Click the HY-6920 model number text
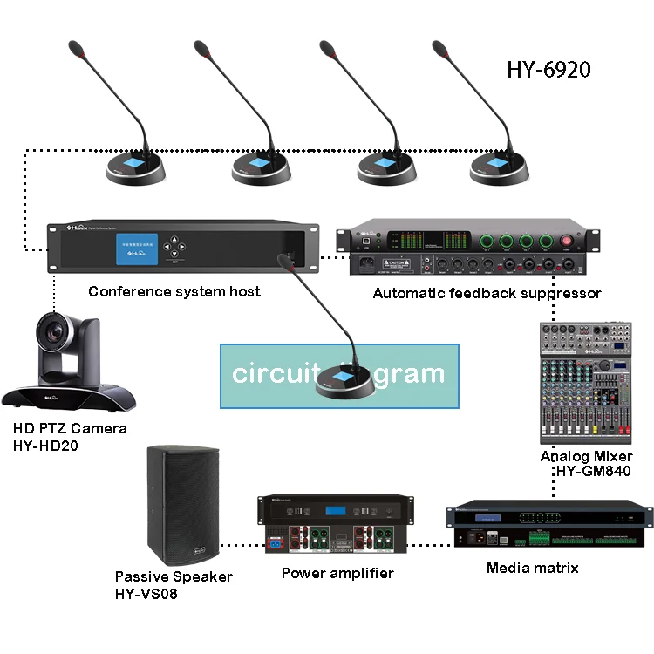[x=548, y=70]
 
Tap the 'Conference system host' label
[x=174, y=291]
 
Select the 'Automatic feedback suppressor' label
[x=487, y=293]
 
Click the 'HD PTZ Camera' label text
[x=70, y=428]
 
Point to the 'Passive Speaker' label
[x=174, y=576]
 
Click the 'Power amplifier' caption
[x=337, y=573]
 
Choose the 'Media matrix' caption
[x=532, y=569]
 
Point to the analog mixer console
[x=584, y=384]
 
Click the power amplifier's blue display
[x=337, y=510]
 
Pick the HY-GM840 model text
[x=592, y=472]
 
